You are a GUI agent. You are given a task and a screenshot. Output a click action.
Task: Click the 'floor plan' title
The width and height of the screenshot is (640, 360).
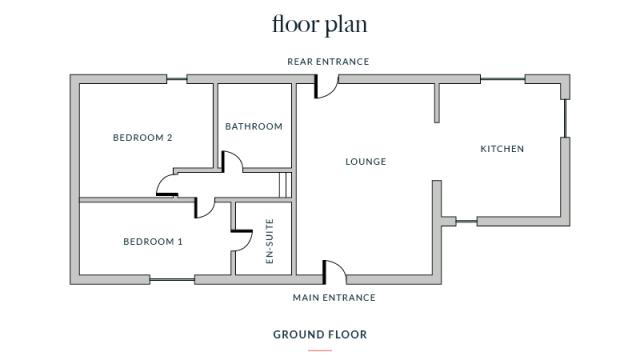click(320, 24)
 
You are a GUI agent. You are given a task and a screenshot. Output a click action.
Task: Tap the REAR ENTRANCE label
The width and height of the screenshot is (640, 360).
click(328, 62)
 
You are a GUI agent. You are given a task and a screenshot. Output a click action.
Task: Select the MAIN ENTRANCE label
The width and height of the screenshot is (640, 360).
click(334, 298)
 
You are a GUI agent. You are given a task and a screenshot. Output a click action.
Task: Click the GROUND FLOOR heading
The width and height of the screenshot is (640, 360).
click(320, 335)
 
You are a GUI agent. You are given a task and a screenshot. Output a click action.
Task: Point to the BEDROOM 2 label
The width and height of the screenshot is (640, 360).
click(142, 138)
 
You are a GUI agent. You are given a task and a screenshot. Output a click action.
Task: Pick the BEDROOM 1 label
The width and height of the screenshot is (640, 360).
click(153, 242)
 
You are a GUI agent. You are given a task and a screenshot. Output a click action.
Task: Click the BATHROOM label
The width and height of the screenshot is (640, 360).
click(254, 127)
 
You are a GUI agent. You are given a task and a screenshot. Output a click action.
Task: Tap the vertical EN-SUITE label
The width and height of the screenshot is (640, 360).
click(269, 241)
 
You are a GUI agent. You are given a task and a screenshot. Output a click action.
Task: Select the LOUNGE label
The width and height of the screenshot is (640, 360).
click(366, 162)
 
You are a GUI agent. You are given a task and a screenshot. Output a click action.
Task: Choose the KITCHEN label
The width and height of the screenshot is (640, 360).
click(502, 149)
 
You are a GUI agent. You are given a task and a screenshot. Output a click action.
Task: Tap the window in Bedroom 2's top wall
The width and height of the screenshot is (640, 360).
click(177, 79)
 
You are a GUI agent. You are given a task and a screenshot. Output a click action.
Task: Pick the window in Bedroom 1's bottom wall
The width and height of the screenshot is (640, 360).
click(172, 280)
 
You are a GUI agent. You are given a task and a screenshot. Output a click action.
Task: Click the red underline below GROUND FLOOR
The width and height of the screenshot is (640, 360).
click(320, 350)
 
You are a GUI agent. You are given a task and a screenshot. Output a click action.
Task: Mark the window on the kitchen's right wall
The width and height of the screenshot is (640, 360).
click(565, 118)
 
